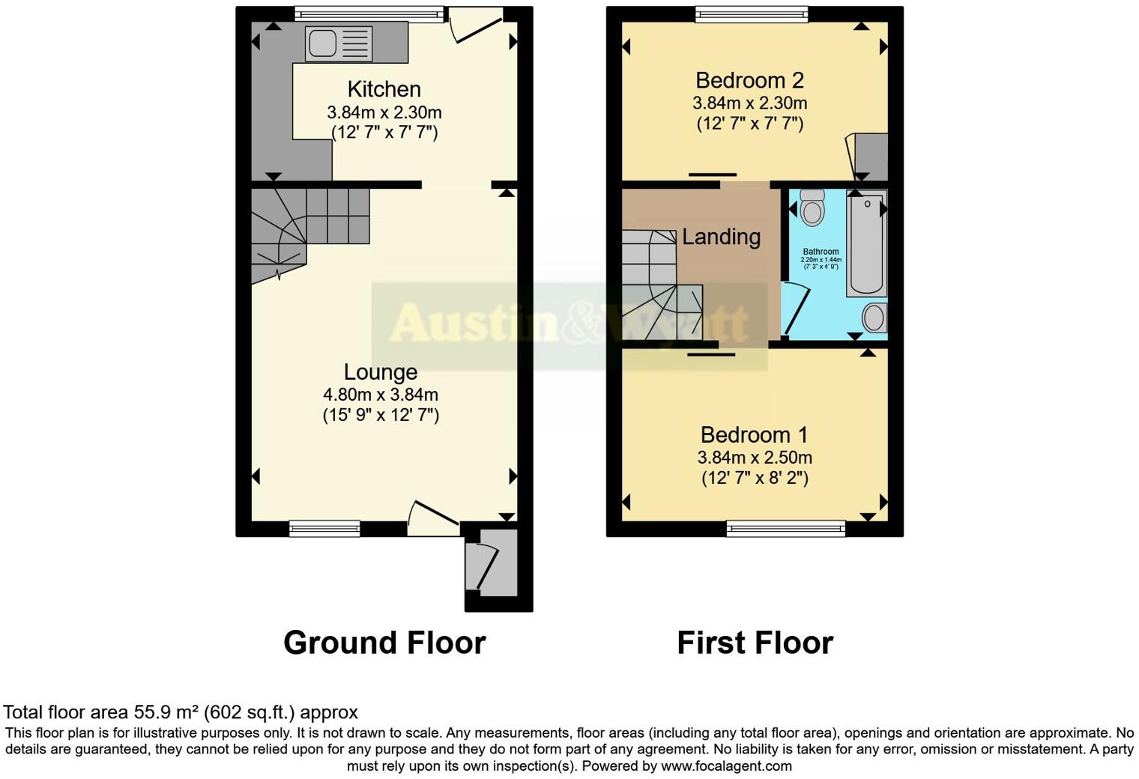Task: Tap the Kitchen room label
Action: coord(384,89)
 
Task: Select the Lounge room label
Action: coord(381,372)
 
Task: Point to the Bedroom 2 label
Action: coord(749,79)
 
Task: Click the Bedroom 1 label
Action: coord(755,434)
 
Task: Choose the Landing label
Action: coord(721,237)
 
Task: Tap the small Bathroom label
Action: coord(821,252)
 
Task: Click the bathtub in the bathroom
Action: coord(866,243)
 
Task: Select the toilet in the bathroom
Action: coord(812,207)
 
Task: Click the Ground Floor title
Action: coord(384,643)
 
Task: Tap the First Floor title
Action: coord(755,643)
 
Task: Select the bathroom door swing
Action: coord(794,309)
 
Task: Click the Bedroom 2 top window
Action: coord(751,13)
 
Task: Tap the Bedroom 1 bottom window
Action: coord(785,529)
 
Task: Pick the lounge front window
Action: coord(314,529)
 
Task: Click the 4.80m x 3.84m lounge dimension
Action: coord(381,395)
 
